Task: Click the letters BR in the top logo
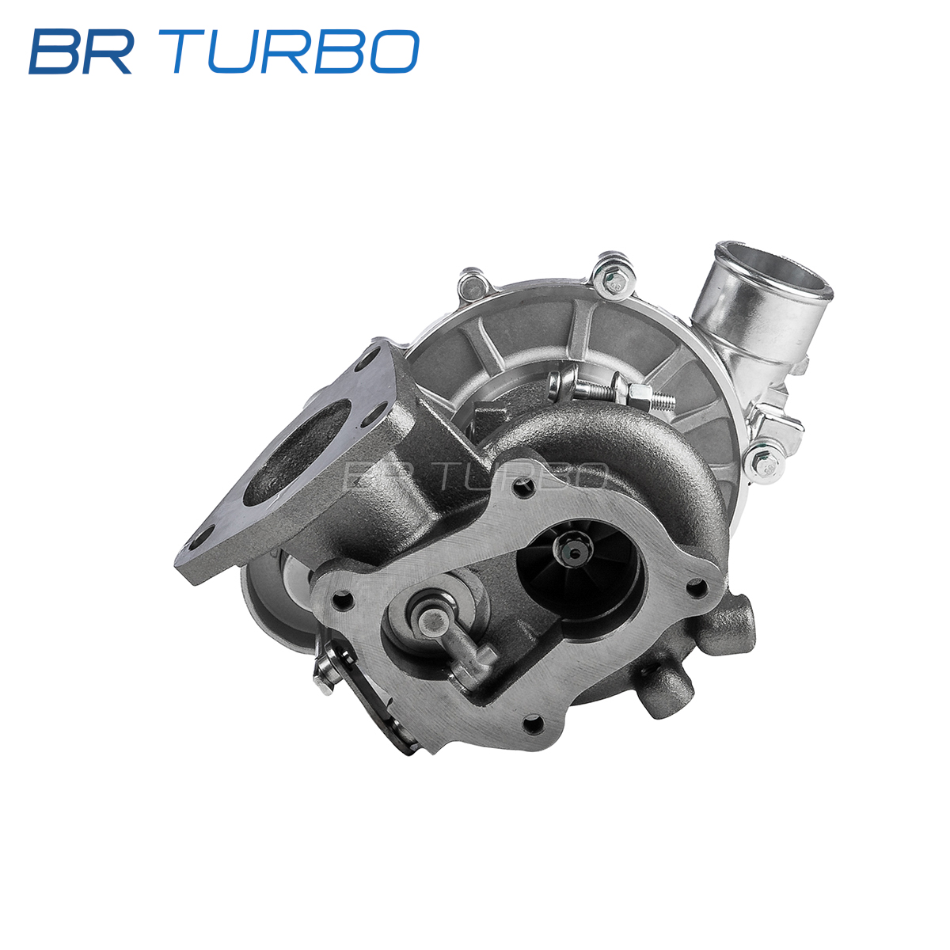click(x=81, y=51)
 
